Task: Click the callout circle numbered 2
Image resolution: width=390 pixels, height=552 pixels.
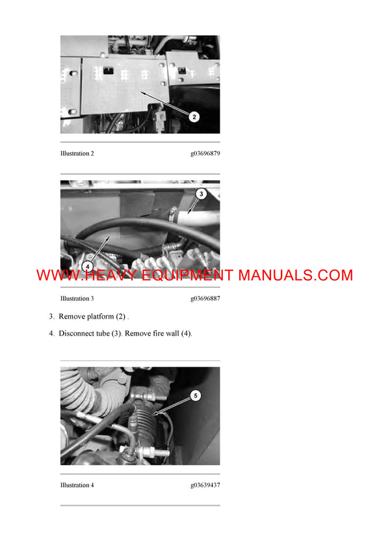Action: (194, 117)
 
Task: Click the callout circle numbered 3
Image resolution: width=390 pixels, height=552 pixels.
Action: (201, 194)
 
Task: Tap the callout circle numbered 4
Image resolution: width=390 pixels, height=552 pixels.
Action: (88, 267)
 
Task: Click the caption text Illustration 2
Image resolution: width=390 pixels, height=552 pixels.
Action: (77, 154)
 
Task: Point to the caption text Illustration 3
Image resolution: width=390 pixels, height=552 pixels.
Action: (77, 299)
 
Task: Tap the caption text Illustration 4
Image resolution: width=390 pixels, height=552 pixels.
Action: (77, 485)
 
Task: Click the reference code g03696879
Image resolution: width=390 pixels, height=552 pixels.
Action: (205, 154)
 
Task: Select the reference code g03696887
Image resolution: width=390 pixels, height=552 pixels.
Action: (205, 299)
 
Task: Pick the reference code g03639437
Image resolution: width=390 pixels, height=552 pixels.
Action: (205, 485)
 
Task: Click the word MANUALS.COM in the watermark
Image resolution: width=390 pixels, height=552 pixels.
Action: (295, 276)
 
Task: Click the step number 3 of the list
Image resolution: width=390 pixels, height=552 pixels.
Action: (51, 317)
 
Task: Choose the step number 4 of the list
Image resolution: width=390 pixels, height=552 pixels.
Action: (51, 334)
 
